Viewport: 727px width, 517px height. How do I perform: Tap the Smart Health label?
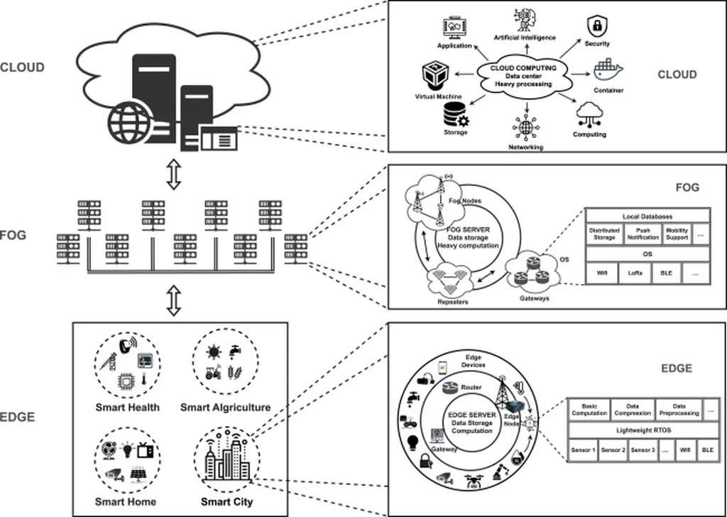(x=128, y=408)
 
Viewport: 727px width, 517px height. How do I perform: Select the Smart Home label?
(x=126, y=501)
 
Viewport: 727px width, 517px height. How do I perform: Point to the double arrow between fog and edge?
(x=173, y=300)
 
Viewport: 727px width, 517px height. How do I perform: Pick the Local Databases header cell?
(x=647, y=215)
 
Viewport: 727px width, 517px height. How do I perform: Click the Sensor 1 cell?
(x=584, y=450)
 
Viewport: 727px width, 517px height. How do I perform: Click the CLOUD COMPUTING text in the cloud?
(x=524, y=67)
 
